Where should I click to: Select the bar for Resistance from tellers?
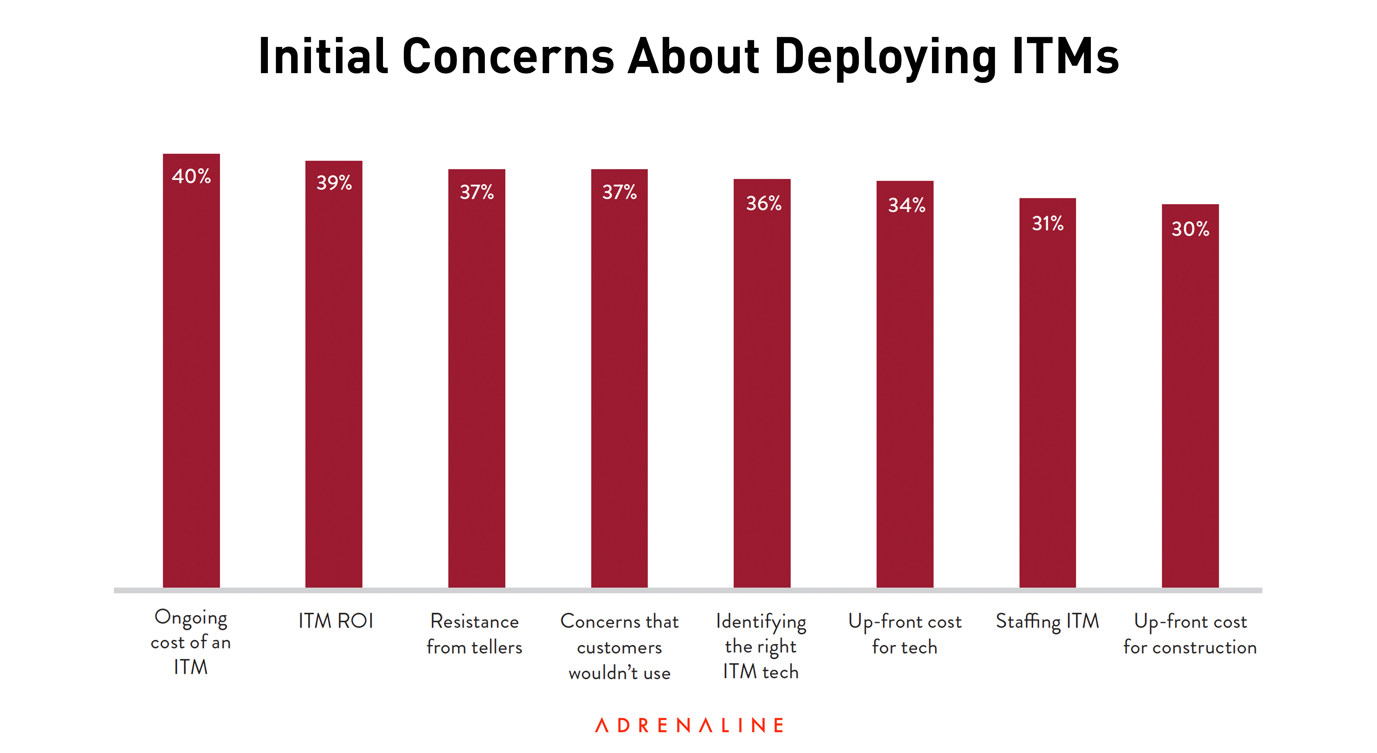tap(476, 385)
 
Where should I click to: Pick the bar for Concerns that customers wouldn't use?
tap(619, 385)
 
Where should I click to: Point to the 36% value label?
tap(763, 203)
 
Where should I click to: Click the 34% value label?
tap(906, 205)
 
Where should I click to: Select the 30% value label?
tap(1190, 229)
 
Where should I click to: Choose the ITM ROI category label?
tap(335, 621)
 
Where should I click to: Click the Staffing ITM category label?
tap(1047, 621)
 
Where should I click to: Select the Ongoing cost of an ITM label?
tap(191, 642)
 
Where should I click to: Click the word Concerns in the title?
tap(508, 56)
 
